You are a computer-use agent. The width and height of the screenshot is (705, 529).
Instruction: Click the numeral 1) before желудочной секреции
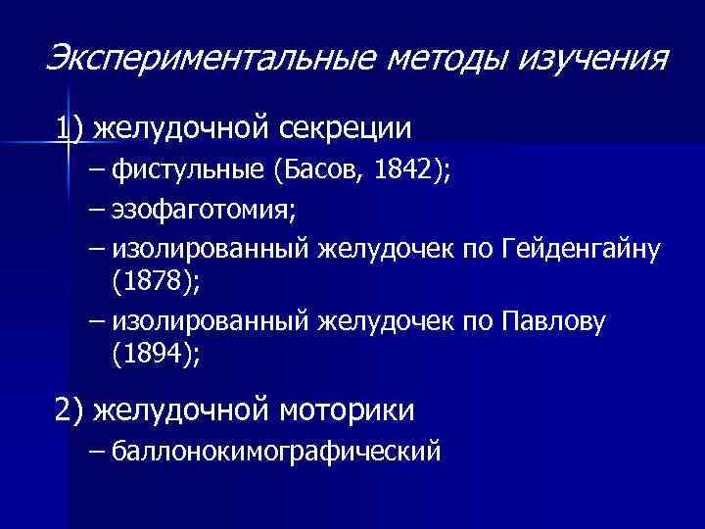(70, 128)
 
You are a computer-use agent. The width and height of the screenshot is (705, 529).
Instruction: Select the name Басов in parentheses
(315, 171)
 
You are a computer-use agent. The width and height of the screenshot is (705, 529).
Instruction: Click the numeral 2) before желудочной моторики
(70, 409)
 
